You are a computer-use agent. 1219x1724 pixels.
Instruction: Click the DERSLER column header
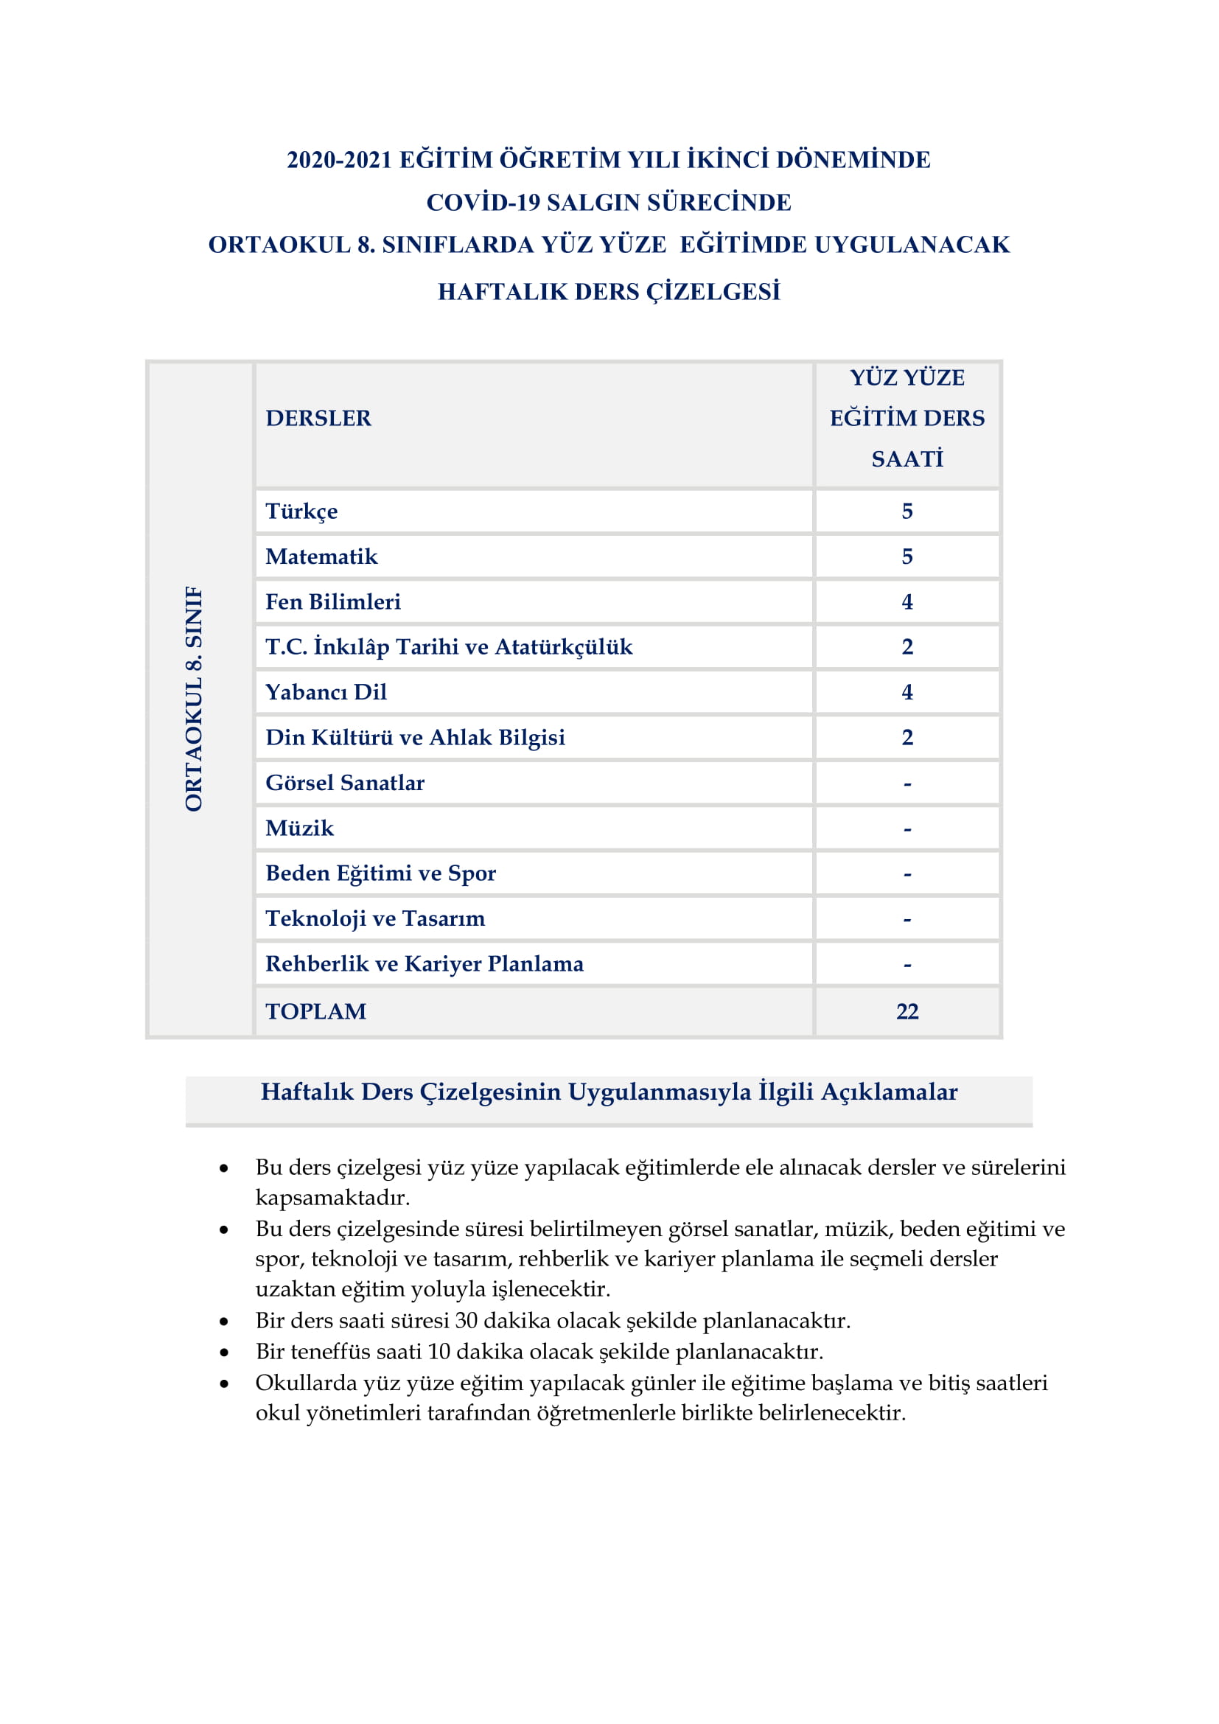318,418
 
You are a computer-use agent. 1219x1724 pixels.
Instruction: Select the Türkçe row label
301,512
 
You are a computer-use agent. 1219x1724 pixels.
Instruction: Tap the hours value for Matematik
907,556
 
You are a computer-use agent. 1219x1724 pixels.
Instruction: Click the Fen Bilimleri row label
332,601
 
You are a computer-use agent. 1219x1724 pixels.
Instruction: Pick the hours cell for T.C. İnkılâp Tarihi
907,646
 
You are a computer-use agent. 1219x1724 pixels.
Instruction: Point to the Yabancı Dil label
326,691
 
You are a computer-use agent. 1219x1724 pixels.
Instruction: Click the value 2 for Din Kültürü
907,737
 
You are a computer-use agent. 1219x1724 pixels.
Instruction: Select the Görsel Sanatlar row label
344,783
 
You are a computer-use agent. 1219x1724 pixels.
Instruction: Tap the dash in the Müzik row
907,829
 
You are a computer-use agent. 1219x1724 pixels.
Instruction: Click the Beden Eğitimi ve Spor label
380,873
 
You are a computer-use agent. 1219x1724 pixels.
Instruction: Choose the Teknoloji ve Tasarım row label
374,918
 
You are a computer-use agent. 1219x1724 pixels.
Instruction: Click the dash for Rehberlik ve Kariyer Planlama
907,965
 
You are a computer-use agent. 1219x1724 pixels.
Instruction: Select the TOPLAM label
316,1011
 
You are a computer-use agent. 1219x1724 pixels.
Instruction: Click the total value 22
907,1011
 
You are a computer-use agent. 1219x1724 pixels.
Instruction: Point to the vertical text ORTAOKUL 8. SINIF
194,698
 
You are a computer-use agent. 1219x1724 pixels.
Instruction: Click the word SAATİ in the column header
907,458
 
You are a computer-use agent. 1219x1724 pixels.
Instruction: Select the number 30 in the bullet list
466,1320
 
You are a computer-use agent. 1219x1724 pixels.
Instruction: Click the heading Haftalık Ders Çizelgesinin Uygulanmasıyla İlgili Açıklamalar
609,1092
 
